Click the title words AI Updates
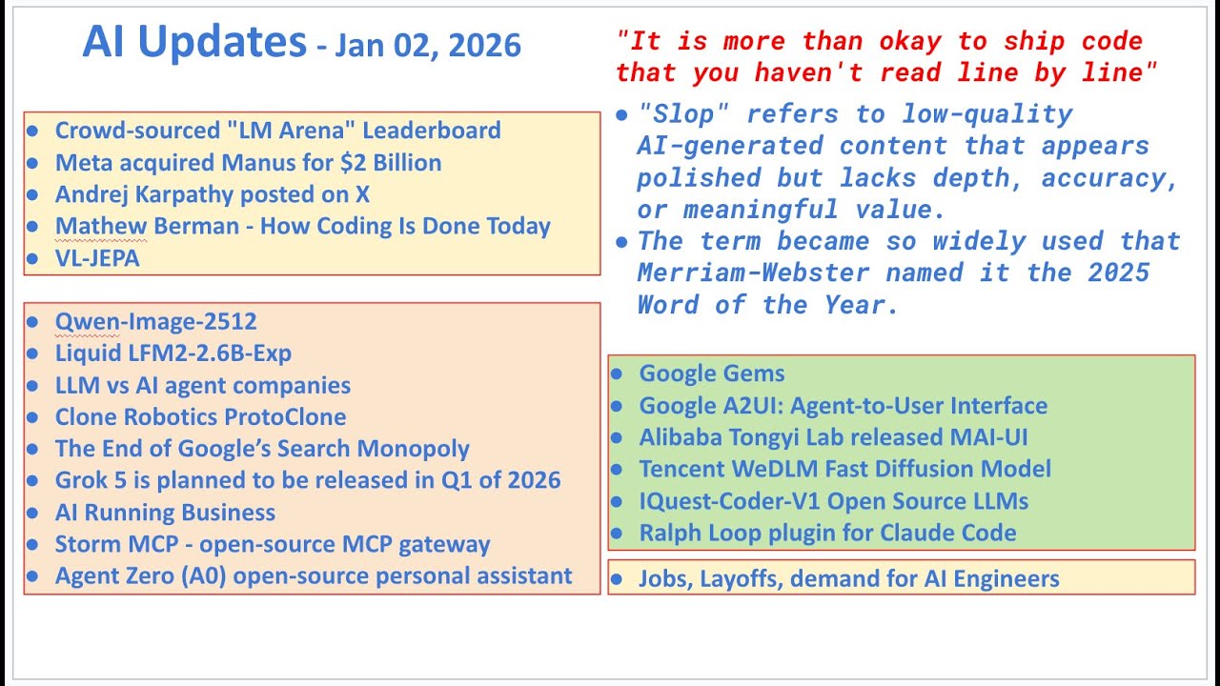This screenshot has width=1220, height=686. tap(193, 43)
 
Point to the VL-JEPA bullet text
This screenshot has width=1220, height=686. tap(97, 258)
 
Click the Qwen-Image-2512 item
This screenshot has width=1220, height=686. tap(155, 322)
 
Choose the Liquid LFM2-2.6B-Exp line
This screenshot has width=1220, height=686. tap(173, 353)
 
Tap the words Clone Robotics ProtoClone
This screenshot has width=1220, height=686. tap(200, 417)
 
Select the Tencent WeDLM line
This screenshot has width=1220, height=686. tap(844, 469)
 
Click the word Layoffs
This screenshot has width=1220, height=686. tap(741, 578)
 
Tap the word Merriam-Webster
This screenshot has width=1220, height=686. tap(753, 273)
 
